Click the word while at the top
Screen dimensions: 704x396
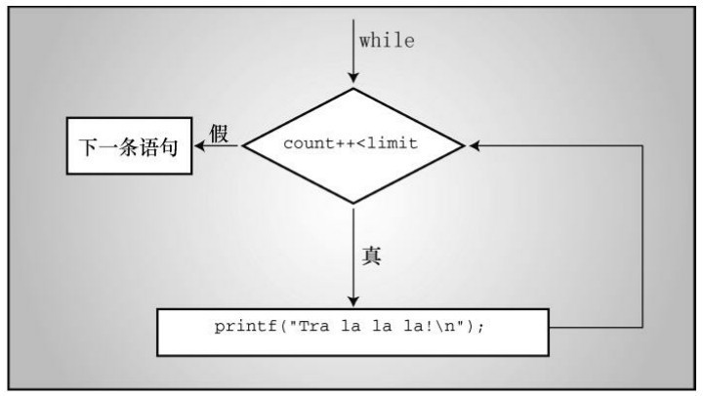387,40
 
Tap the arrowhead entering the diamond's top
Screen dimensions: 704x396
353,77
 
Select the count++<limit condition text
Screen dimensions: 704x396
351,143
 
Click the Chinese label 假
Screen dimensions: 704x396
219,134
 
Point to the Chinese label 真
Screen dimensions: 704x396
371,256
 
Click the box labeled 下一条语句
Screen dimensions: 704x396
129,145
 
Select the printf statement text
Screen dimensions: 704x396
350,326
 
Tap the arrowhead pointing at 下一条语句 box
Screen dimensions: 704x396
200,145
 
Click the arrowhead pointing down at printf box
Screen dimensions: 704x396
353,301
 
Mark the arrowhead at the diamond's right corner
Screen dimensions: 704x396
475,145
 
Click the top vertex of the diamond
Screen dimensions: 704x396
353,89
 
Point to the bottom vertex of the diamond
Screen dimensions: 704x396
353,203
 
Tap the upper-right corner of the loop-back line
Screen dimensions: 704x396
642,145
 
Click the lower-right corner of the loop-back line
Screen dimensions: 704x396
642,327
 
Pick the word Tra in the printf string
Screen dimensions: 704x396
313,326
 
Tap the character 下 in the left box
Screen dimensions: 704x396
88,147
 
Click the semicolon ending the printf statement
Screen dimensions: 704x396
481,328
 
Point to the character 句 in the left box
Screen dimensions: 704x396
169,147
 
